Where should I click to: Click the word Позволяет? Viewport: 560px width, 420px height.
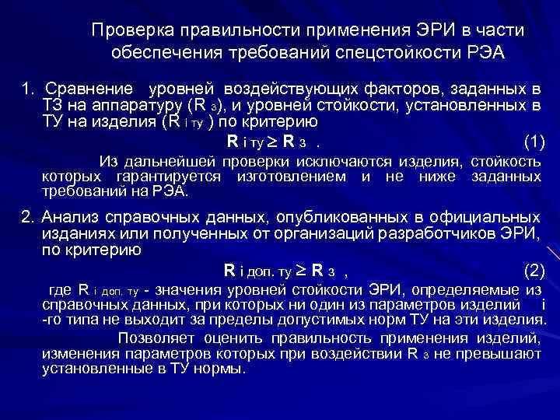tap(158, 338)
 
